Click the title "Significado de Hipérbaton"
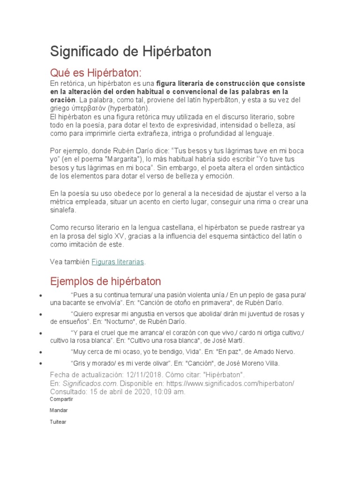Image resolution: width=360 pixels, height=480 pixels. (131, 52)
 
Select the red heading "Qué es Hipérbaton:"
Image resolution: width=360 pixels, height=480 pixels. (96, 73)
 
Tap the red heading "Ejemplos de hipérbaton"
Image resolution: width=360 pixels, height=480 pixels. (105, 281)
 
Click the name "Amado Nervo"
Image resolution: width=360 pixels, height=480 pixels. (271, 352)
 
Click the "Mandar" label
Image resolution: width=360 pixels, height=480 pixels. (59, 410)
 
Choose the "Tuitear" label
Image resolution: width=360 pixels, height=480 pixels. (58, 421)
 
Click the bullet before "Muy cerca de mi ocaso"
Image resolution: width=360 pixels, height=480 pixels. (42, 352)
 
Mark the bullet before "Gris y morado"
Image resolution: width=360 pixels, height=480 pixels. (42, 364)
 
